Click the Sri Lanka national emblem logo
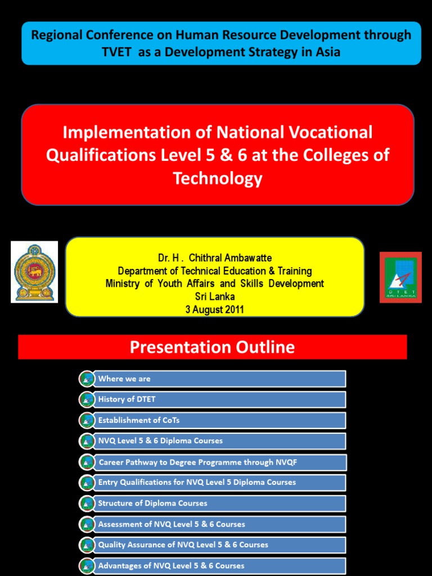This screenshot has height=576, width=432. coord(34,272)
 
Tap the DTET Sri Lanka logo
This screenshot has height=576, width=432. coord(400,277)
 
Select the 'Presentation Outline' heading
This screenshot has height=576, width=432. coord(212,347)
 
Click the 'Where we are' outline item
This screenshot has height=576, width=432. coord(219,379)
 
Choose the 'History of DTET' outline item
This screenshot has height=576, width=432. coord(219,399)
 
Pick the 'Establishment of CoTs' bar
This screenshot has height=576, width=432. coord(219,420)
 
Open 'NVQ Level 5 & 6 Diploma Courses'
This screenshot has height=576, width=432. coord(219,441)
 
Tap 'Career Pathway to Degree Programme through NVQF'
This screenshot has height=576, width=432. coord(219,462)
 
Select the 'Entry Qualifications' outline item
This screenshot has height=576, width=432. coord(219,483)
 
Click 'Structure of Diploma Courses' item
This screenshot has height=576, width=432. coord(219,503)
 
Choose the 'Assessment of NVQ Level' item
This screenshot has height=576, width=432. coord(219,524)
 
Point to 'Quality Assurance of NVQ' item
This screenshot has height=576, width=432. coord(219,545)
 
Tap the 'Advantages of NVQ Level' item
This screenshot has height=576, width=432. coord(219,566)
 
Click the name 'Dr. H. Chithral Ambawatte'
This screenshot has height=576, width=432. coord(215,258)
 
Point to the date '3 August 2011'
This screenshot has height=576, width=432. coord(215,309)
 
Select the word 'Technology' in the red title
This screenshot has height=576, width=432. coord(218,178)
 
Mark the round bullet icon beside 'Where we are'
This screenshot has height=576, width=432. coord(87,379)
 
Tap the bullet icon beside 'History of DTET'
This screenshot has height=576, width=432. coord(87,399)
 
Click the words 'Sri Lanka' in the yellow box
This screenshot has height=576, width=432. coord(215,296)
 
